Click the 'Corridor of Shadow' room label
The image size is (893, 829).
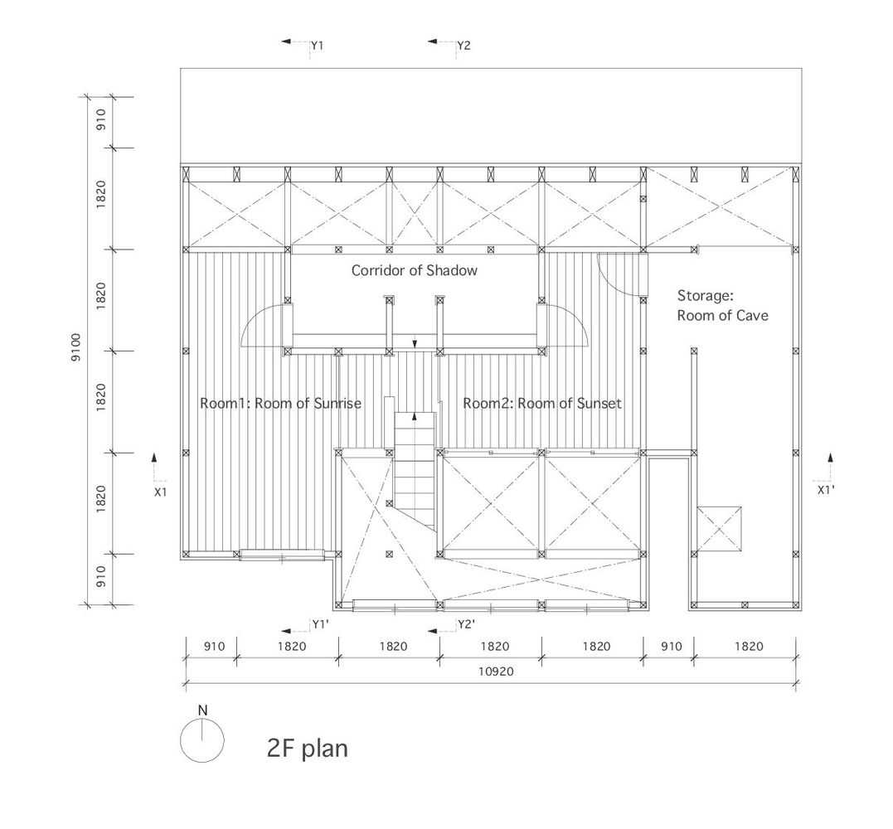click(x=414, y=270)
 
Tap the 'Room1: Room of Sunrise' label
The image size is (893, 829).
click(x=280, y=404)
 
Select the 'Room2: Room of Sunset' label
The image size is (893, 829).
click(x=542, y=404)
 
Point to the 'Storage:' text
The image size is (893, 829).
click(x=705, y=295)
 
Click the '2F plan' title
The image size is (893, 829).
click(x=307, y=748)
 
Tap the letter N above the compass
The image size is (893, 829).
click(x=203, y=710)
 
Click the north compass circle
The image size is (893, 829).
click(x=202, y=740)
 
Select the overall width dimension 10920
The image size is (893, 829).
click(x=496, y=671)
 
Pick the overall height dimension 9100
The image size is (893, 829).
click(x=75, y=347)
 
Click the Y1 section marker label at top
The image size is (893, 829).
click(x=318, y=46)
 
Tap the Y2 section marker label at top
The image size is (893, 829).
click(x=464, y=46)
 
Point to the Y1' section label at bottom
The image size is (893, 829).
click(x=321, y=624)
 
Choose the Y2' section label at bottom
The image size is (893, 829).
click(x=467, y=624)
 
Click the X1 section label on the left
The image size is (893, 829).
click(x=161, y=492)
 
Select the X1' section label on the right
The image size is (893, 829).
click(x=826, y=490)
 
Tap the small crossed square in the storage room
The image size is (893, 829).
click(x=720, y=529)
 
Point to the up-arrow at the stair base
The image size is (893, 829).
click(x=415, y=415)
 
